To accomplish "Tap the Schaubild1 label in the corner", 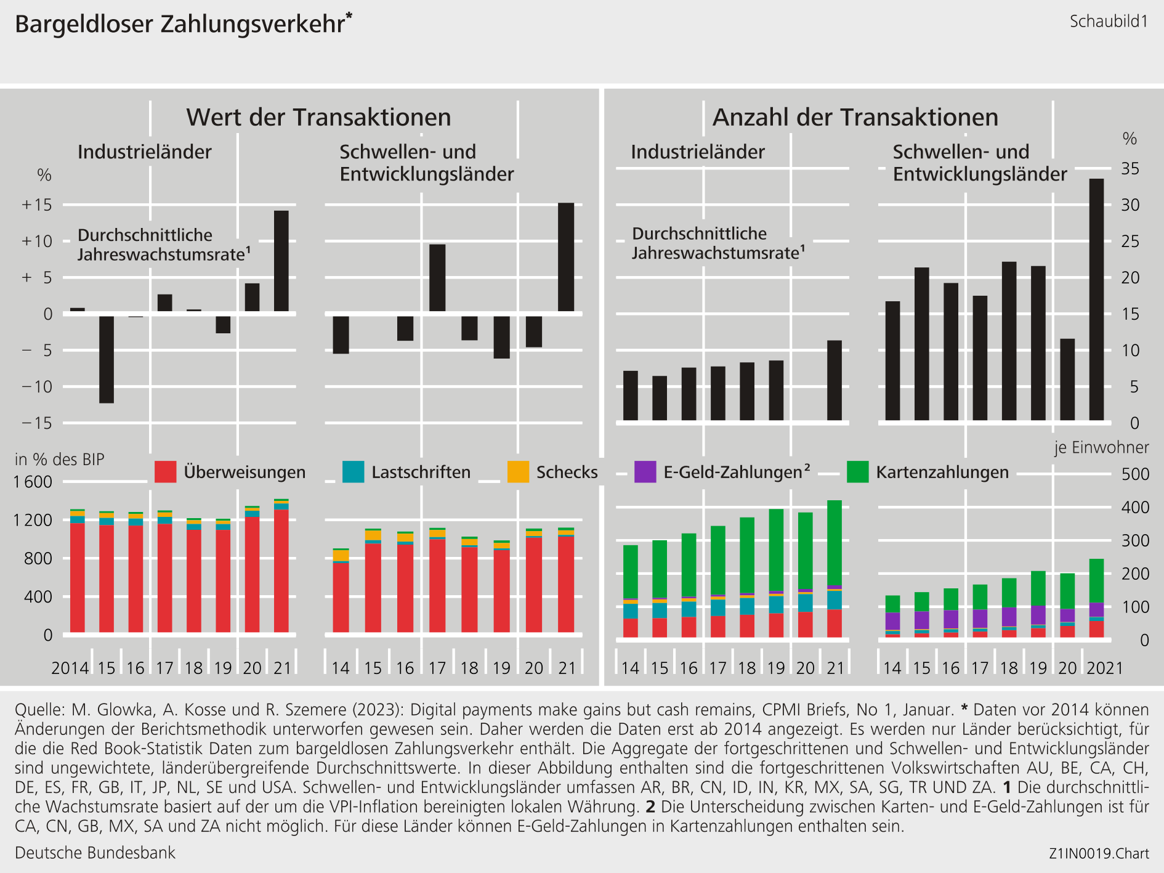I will tap(1109, 22).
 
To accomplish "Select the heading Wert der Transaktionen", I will tap(318, 117).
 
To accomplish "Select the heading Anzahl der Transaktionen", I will tap(855, 117).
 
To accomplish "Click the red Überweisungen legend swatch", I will tap(165, 472).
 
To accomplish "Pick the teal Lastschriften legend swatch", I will tap(353, 472).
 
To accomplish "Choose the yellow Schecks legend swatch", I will tap(518, 472).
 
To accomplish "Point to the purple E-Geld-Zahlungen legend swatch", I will tap(645, 472).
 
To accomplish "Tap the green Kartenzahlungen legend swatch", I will tap(857, 472).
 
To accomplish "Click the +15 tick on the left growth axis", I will tap(37, 205).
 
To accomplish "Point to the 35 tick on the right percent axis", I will tap(1130, 169).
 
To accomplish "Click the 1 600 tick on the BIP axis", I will tap(33, 482).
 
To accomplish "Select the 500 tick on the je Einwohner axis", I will tap(1135, 474).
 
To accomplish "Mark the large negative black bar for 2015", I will tap(107, 359).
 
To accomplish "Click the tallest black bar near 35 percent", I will tap(1096, 299).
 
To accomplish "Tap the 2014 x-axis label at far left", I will tap(70, 668).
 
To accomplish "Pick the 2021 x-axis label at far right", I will tap(1105, 668).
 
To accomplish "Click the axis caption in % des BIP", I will tap(60, 460).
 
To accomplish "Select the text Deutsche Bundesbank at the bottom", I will tap(95, 853).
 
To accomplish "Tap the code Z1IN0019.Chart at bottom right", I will tap(1099, 854).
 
